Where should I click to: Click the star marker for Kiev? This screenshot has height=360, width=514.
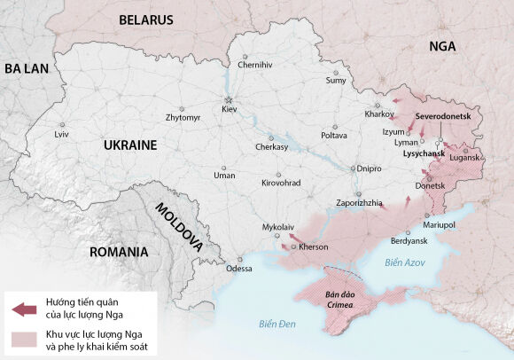pos(229,98)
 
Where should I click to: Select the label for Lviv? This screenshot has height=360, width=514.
pos(61,134)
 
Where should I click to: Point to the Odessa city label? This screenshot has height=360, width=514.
pos(238,269)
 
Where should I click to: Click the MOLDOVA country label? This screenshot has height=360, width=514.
pos(178,226)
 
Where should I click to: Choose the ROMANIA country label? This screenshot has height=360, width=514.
pos(118,252)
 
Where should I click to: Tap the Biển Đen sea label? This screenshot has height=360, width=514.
pos(277,323)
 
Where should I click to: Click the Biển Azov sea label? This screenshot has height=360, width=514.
pos(406,263)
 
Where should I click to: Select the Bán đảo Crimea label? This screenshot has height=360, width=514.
pos(339,300)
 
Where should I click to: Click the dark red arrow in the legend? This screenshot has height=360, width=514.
pos(24,309)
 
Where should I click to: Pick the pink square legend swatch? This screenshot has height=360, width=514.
pos(24,339)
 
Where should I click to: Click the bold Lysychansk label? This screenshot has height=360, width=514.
pos(424,154)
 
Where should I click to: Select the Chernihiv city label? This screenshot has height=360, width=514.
pos(255,65)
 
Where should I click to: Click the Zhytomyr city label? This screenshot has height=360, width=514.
pos(183,117)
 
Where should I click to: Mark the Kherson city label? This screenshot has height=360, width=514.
pos(313,247)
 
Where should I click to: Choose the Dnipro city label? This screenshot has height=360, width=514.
pos(370,168)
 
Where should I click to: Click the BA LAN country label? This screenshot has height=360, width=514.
pos(27,68)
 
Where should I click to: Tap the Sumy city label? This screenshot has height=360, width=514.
pos(336,81)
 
